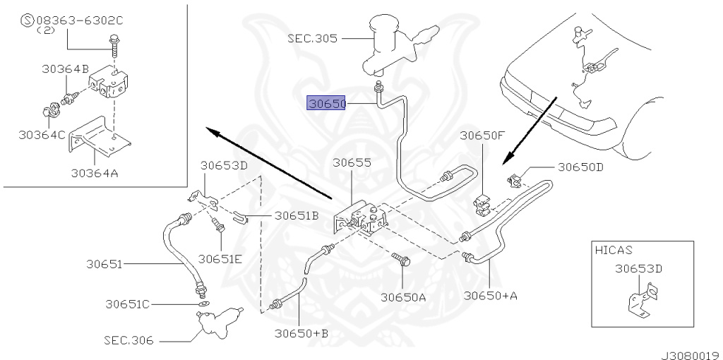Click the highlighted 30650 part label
click(326, 104)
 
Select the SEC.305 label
click(313, 38)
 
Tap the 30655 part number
click(352, 163)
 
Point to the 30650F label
click(483, 136)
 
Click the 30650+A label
click(491, 295)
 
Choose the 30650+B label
click(301, 332)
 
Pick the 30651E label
click(220, 259)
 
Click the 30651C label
click(127, 304)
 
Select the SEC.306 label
click(129, 341)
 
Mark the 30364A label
click(94, 173)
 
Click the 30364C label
click(42, 135)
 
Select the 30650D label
click(580, 167)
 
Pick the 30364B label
click(65, 69)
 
